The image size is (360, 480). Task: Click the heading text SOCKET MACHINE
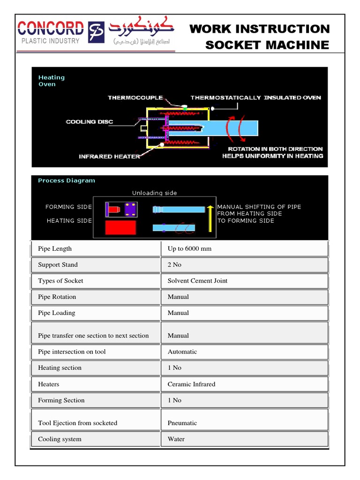[x=267, y=45]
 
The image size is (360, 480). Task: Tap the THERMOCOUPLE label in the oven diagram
[x=135, y=97]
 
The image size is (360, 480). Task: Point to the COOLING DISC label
[x=89, y=122]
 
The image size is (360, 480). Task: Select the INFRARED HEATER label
[x=109, y=157]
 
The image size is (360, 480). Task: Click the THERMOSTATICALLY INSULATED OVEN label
[x=255, y=97]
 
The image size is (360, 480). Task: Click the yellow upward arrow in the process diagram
[x=210, y=219]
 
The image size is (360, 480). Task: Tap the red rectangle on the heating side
[x=120, y=227]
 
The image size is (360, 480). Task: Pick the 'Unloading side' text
[x=154, y=193]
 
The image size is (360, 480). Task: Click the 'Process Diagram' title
[x=66, y=180]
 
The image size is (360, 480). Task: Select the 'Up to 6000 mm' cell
[x=189, y=248]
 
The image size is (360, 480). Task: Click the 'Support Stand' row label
[x=58, y=265]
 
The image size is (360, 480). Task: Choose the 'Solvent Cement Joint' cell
[x=197, y=281]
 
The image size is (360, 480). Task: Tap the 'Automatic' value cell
[x=182, y=352]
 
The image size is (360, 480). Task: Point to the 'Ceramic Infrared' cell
[x=191, y=384]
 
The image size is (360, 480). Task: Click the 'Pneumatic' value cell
[x=182, y=423]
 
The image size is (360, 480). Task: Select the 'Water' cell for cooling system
[x=176, y=439]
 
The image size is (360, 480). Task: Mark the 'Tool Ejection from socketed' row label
[x=77, y=423]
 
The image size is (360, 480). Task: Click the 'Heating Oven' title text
[x=51, y=81]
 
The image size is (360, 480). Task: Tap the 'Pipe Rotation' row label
[x=57, y=297]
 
